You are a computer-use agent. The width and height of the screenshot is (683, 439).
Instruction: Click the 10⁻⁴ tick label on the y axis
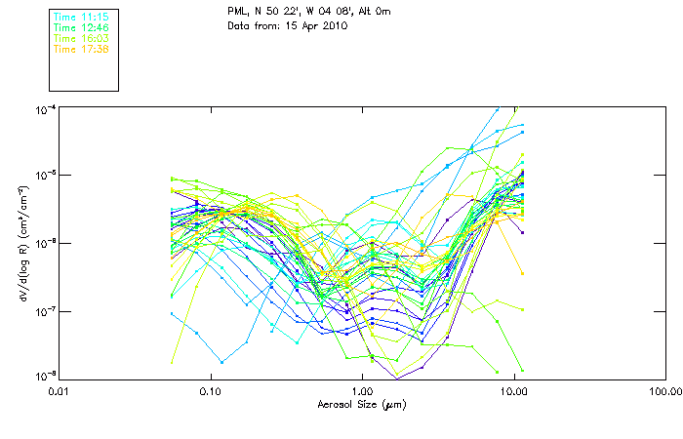tap(45, 107)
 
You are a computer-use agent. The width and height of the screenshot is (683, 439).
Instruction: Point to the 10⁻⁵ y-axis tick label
tap(45, 175)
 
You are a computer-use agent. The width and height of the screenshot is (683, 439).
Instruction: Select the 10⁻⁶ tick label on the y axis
tap(45, 242)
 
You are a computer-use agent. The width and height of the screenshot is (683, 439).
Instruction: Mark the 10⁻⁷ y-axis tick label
tap(45, 310)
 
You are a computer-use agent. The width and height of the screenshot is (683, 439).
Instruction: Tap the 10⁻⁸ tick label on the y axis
tap(45, 377)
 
